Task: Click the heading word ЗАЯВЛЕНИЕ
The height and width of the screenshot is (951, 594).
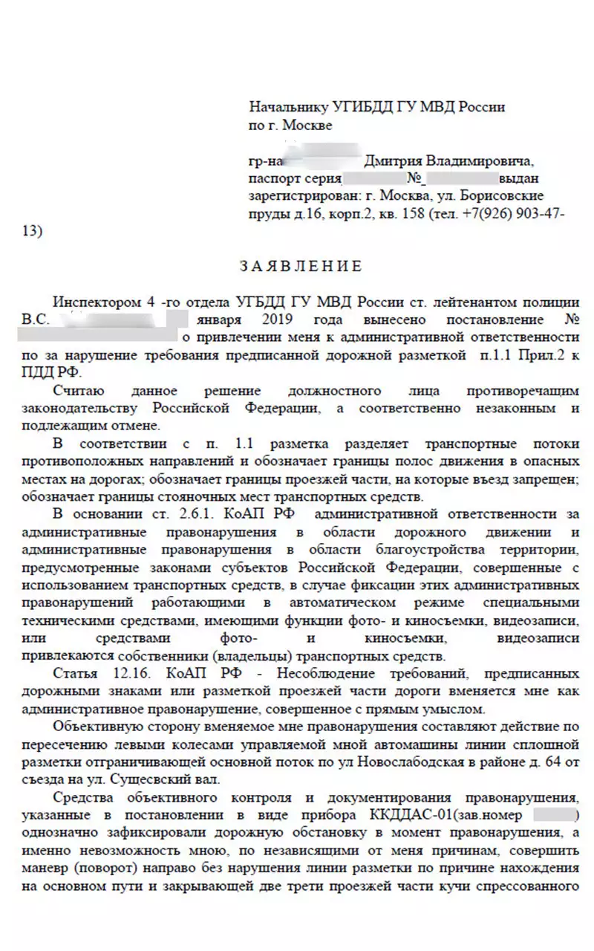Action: pos(301,266)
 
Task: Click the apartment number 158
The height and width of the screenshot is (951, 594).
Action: pos(405,214)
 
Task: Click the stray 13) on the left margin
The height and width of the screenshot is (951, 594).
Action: pos(33,231)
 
